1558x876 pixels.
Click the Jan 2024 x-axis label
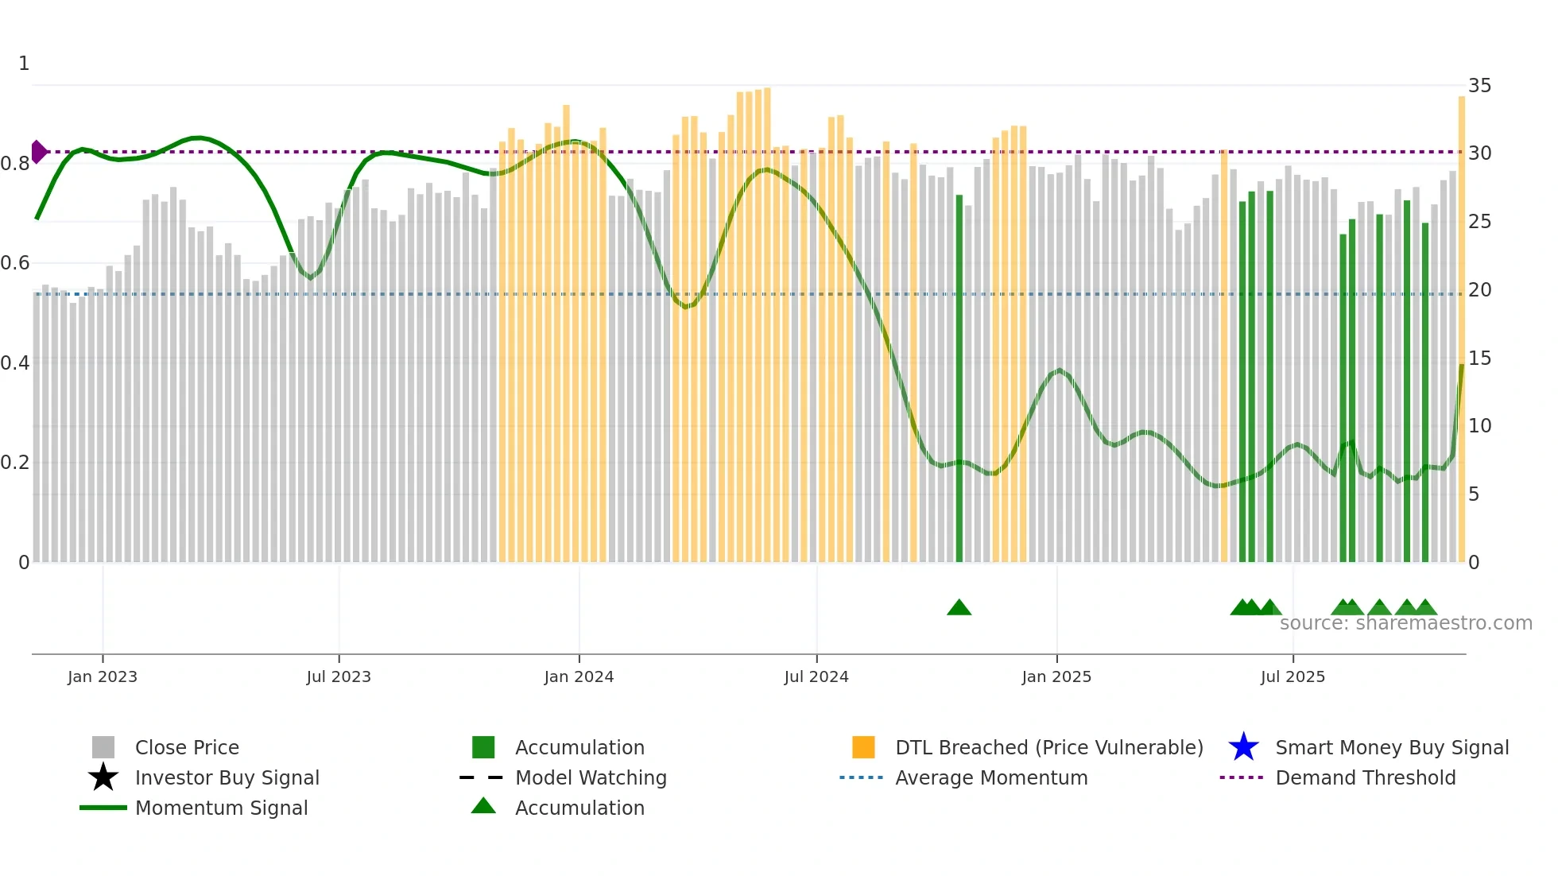(579, 676)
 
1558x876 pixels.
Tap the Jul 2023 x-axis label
(339, 676)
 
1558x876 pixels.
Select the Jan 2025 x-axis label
(1056, 676)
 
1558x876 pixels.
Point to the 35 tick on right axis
(1479, 86)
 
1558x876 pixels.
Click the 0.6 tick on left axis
(15, 263)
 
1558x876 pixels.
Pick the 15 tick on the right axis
(1479, 359)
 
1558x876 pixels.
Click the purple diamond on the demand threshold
(38, 152)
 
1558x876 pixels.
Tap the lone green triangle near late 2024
(959, 608)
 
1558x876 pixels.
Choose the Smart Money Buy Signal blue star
(1243, 747)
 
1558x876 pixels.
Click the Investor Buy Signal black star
(103, 777)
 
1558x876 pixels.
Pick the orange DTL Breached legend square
(863, 747)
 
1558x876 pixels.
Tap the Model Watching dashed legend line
(482, 777)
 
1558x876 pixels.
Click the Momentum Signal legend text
(221, 808)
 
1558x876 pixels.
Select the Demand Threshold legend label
(1365, 777)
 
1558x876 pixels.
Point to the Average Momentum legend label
(991, 777)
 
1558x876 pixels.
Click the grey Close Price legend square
(103, 747)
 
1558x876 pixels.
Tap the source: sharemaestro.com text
(1405, 623)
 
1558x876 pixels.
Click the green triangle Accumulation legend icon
(483, 807)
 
